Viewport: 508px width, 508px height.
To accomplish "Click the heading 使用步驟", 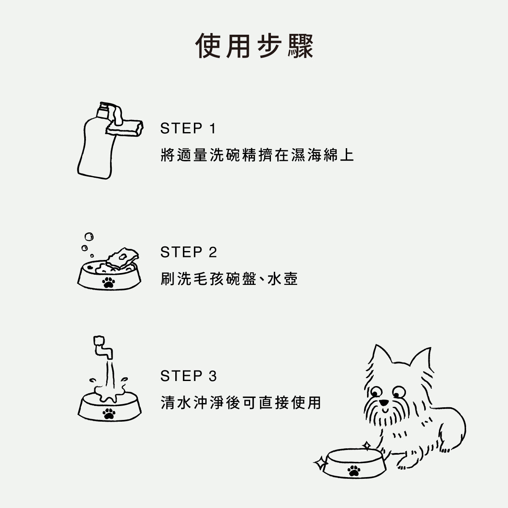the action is coord(254,46).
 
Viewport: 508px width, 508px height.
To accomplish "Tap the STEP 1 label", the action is coord(188,128).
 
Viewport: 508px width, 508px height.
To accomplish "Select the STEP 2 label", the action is coord(188,252).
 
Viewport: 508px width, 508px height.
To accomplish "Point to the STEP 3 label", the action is coord(188,375).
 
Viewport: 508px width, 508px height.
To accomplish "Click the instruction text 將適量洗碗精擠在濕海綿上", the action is coord(257,155).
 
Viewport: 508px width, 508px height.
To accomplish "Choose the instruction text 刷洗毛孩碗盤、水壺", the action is coord(229,279).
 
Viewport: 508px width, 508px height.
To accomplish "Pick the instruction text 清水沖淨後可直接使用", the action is coord(241,403).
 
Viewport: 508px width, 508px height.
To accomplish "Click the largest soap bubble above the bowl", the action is coord(89,237).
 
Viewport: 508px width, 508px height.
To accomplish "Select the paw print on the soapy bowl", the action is coord(109,282).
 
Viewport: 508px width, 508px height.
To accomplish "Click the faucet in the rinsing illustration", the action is coord(102,347).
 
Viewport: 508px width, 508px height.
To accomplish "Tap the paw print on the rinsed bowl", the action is coord(109,414).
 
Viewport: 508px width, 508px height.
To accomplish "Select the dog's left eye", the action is coord(376,392).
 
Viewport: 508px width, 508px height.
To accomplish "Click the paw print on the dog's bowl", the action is coord(354,470).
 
